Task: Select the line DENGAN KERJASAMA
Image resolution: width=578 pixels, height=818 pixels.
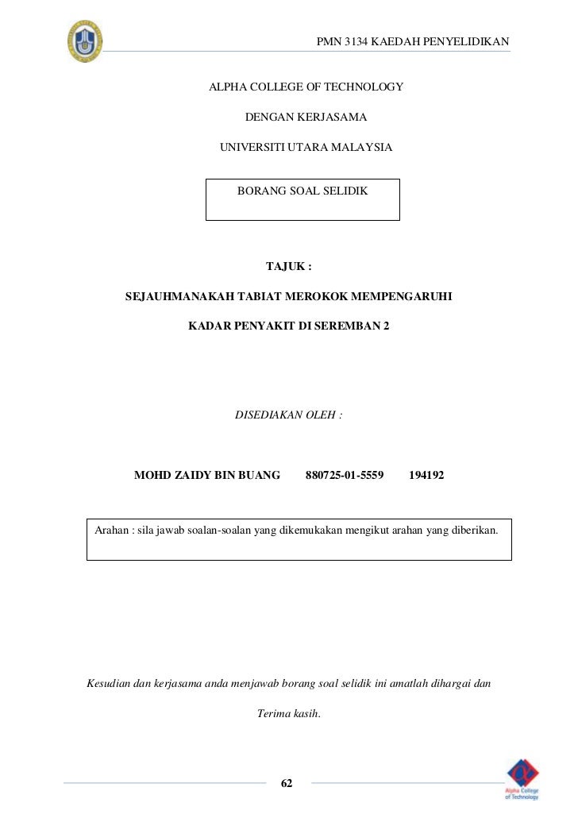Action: (306, 118)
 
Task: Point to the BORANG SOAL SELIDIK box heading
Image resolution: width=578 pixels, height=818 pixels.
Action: (302, 191)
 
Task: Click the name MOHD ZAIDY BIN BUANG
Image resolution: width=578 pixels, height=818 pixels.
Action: (207, 476)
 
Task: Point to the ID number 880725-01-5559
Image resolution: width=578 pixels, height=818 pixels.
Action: (345, 476)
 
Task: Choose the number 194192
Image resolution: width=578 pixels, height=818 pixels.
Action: (426, 476)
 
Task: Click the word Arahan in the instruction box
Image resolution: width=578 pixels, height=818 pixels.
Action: (113, 530)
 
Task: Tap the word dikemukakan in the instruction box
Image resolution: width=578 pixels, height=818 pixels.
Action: (312, 530)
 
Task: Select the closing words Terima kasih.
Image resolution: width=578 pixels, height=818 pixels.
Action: (289, 713)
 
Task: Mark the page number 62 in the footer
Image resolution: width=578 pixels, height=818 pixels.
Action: (287, 784)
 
